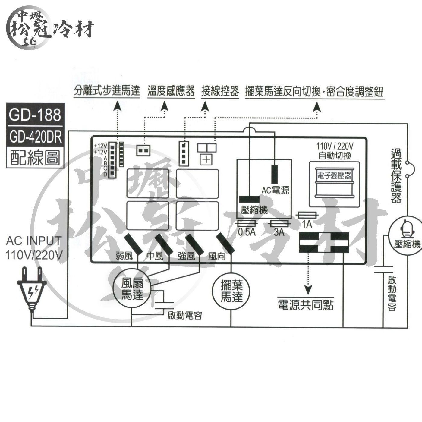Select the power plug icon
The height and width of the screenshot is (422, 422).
coord(31,289)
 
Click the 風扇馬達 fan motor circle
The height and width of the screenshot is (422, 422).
coord(132,288)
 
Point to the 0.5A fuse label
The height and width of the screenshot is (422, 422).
coord(247,232)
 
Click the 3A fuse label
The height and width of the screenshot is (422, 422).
coord(279,232)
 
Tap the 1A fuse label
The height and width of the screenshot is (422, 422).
coord(307,225)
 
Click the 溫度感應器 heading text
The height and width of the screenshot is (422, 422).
coord(171,91)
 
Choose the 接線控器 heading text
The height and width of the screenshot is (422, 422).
coord(220,91)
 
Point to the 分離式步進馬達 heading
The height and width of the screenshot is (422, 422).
coord(107,91)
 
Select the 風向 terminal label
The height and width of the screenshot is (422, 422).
coord(217,257)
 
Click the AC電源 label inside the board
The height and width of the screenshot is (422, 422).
coord(275,190)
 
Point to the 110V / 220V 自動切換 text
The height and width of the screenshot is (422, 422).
coord(335,151)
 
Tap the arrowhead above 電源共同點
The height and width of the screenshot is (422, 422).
coord(308,290)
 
